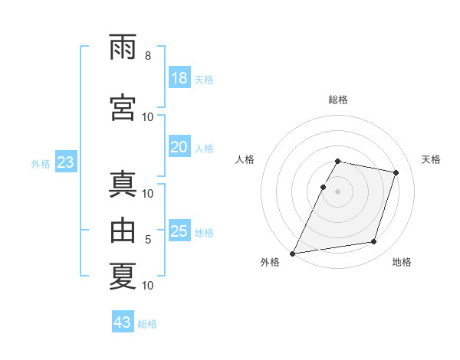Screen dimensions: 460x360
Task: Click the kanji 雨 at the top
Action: [123, 47]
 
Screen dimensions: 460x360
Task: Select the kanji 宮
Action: [123, 107]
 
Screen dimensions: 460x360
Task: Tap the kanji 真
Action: [123, 184]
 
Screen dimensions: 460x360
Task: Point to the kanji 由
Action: [123, 230]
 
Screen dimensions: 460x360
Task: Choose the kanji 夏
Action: [123, 276]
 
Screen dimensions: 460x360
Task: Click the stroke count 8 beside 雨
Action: [148, 55]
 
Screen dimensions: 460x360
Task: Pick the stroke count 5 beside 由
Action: [148, 239]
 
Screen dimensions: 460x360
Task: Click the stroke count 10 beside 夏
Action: [147, 285]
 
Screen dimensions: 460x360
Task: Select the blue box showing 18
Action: [179, 77]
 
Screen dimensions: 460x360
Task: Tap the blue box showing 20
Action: [179, 146]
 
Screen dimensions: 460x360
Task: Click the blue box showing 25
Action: [179, 230]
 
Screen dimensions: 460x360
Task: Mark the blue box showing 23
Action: [66, 162]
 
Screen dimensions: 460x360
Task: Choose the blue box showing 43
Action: [123, 321]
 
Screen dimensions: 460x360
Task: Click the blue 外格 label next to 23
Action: [41, 164]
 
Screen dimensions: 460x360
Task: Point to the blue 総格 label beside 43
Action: [147, 324]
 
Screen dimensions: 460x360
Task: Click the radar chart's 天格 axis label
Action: [431, 159]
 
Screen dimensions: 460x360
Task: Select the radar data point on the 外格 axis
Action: [293, 254]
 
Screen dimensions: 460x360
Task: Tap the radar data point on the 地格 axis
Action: [374, 241]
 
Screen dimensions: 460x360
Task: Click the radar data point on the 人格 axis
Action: [324, 187]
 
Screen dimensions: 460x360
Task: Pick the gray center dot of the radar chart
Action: [337, 191]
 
